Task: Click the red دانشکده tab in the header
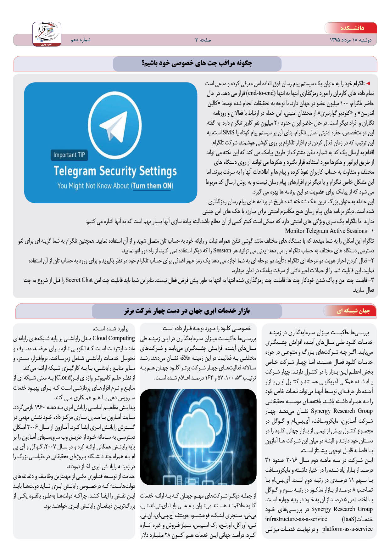click(351, 28)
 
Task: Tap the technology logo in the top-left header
click(47, 34)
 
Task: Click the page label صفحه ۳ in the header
click(203, 40)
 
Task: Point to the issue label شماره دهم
click(80, 40)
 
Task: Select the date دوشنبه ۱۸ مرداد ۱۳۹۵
click(350, 40)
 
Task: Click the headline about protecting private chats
click(197, 63)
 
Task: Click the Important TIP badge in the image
click(69, 155)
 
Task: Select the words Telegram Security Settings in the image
click(115, 171)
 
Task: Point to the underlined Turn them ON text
click(152, 186)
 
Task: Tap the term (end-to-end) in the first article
click(261, 93)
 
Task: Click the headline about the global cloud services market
click(187, 311)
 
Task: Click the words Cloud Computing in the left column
click(114, 338)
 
